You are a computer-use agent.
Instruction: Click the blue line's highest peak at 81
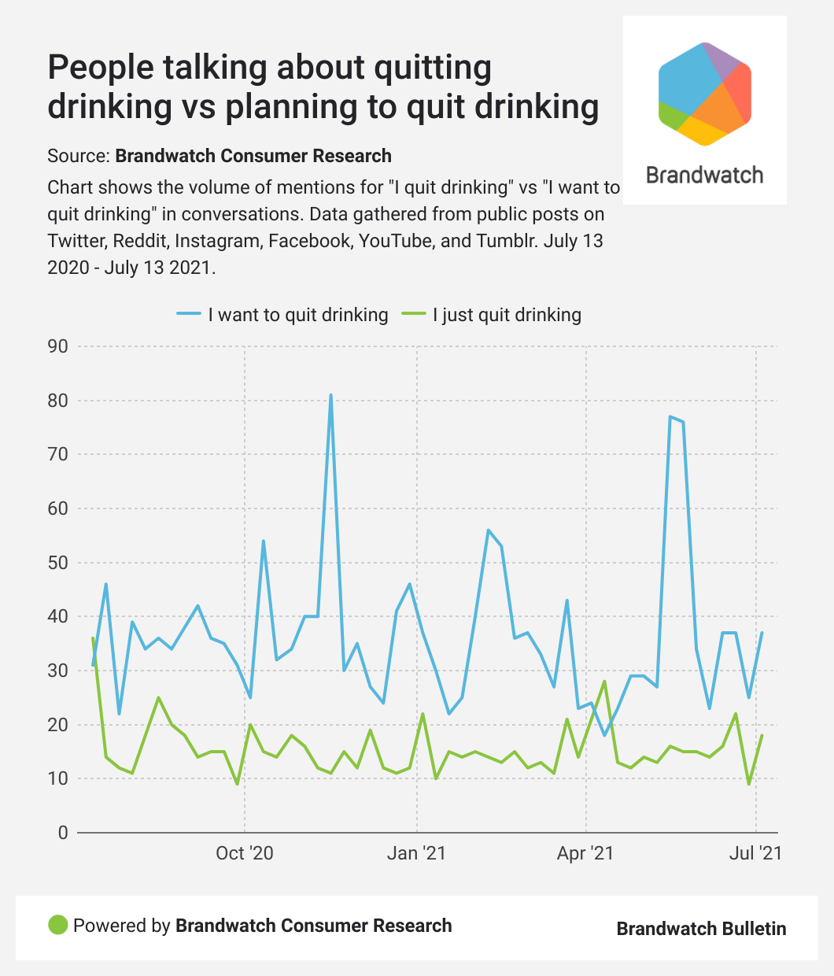coord(330,395)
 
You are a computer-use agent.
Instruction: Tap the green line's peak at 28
coord(604,682)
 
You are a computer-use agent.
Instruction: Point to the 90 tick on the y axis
coord(58,346)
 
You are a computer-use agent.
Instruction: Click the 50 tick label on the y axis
coord(58,563)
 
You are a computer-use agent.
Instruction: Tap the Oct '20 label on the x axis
coord(245,853)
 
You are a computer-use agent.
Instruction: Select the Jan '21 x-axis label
coord(416,853)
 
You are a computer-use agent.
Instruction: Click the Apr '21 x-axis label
coord(585,853)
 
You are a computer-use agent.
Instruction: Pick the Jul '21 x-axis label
coord(755,853)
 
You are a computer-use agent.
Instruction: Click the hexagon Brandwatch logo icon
coord(705,94)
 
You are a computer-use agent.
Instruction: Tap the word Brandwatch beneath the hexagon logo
coord(705,175)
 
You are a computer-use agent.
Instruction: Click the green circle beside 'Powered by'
coord(58,926)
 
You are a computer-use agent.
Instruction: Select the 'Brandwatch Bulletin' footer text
coord(701,929)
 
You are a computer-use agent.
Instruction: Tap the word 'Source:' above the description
coord(79,156)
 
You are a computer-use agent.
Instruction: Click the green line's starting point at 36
coord(93,638)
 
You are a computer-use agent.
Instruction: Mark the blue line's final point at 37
coord(762,633)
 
